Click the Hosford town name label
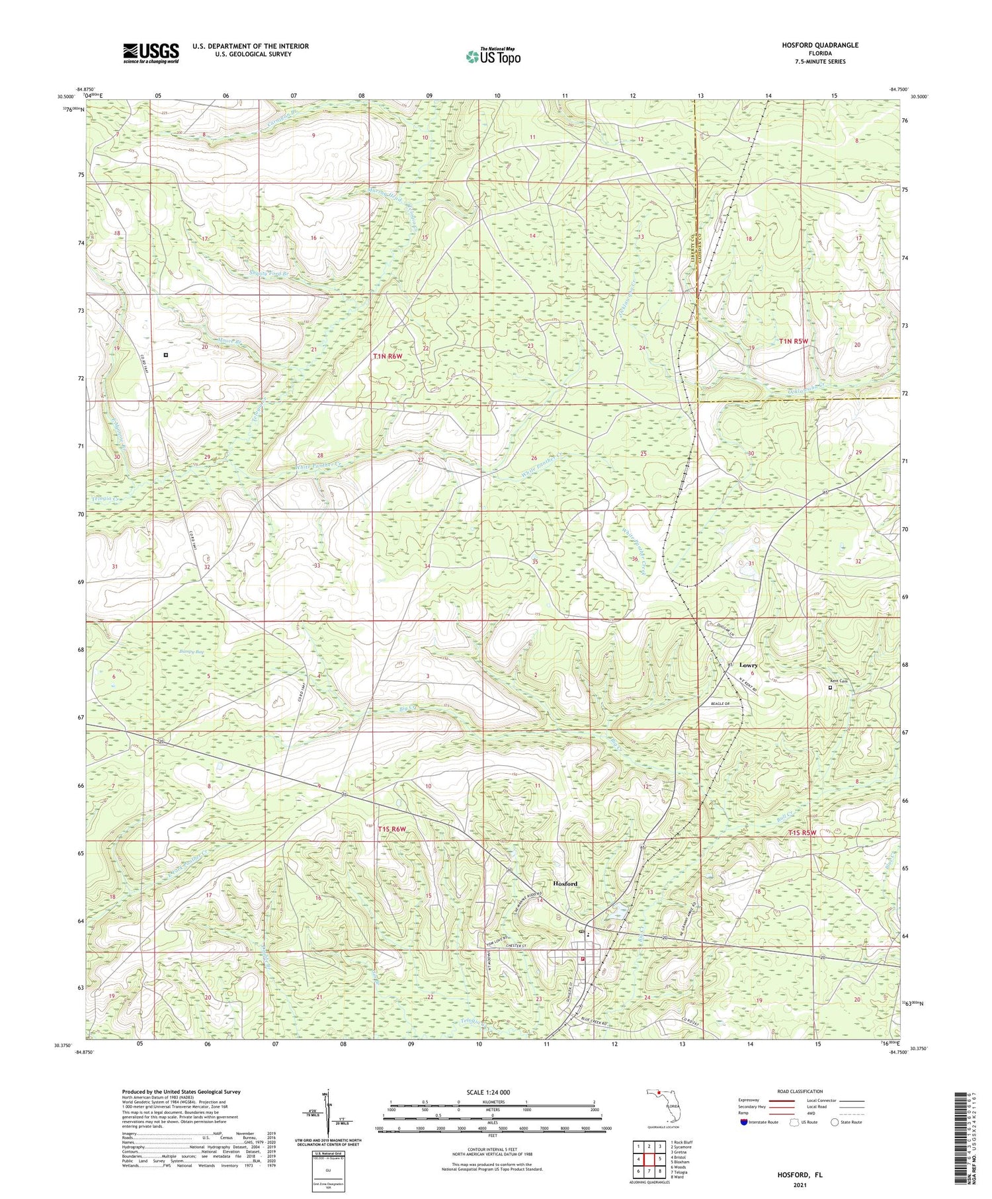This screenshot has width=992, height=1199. pyautogui.click(x=565, y=884)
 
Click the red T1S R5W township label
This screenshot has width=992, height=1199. pyautogui.click(x=802, y=833)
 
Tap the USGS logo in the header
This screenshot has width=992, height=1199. pyautogui.click(x=150, y=53)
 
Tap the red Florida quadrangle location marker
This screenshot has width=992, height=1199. pyautogui.click(x=659, y=1093)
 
